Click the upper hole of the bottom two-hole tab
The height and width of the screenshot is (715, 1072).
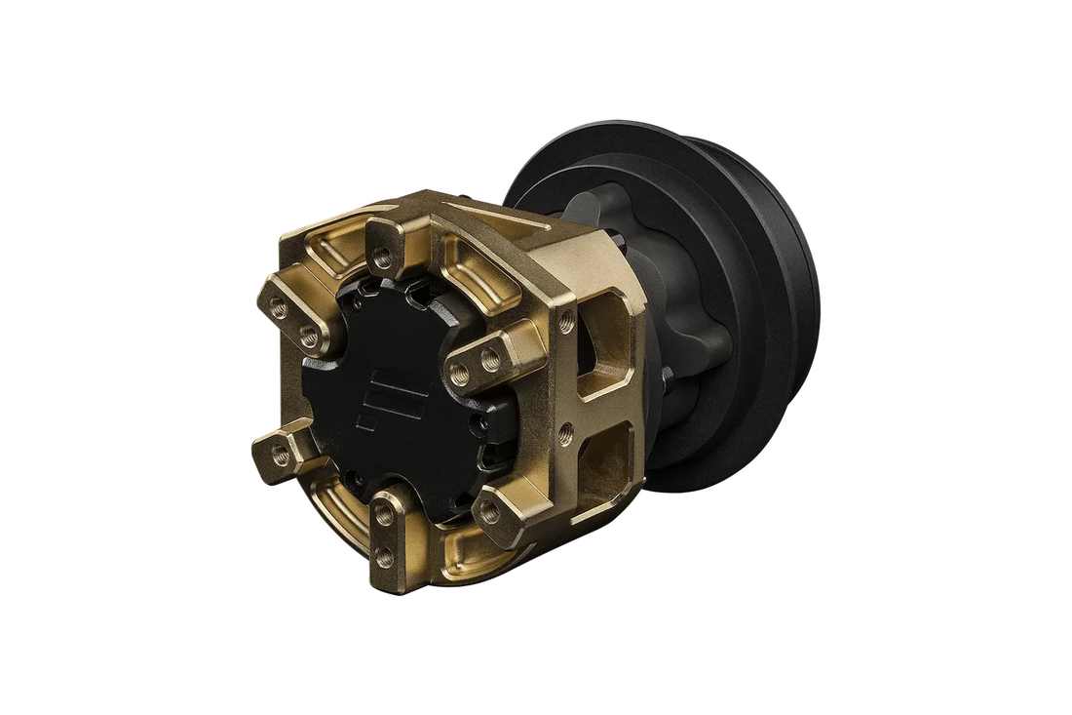click(387, 512)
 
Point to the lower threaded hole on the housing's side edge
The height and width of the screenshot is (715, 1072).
click(566, 429)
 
